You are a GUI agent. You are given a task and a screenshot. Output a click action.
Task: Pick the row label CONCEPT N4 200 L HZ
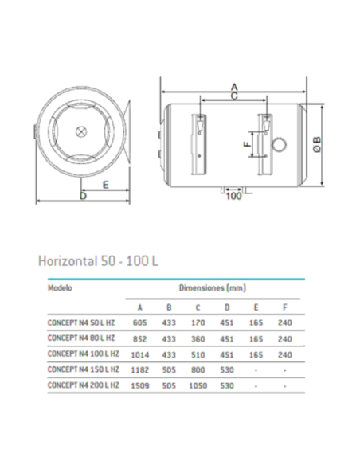click(83, 385)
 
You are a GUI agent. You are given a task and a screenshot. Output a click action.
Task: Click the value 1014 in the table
click(140, 354)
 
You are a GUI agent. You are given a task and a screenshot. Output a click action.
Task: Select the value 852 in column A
click(140, 338)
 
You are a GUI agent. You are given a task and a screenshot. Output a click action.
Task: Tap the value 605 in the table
click(140, 322)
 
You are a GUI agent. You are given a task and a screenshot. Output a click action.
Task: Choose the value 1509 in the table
click(140, 385)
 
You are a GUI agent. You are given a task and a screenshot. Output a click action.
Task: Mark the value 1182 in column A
click(140, 369)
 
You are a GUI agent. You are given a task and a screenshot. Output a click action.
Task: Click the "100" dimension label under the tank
click(233, 195)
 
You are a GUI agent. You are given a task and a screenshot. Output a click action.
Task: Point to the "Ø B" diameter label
click(317, 143)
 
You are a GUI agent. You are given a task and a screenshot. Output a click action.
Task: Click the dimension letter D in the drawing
click(83, 195)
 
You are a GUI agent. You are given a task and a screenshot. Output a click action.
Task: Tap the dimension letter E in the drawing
click(105, 184)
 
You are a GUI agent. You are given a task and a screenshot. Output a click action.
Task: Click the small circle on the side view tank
click(280, 144)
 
